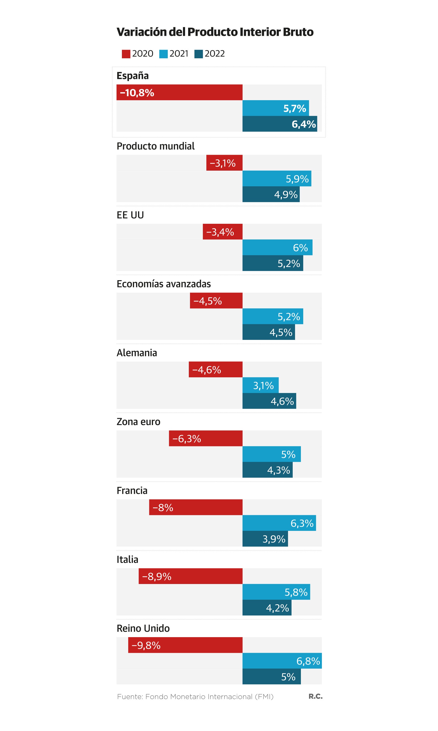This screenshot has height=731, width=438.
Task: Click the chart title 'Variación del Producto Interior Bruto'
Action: click(x=215, y=32)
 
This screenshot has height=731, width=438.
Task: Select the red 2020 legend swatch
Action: click(x=126, y=54)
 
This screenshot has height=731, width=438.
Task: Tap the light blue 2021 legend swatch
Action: click(x=163, y=54)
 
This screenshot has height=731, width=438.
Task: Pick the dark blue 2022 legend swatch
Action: click(x=199, y=54)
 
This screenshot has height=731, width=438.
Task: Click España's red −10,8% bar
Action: click(x=179, y=92)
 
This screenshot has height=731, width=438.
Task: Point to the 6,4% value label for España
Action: click(x=304, y=124)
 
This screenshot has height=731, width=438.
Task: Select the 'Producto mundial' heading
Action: click(x=156, y=146)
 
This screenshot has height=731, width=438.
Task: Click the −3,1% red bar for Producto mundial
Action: click(x=224, y=163)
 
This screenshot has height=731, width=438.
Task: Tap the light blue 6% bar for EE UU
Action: click(x=277, y=247)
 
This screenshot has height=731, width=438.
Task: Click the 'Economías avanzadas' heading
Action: click(x=164, y=284)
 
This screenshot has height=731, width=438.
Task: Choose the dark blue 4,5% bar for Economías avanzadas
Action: click(x=269, y=332)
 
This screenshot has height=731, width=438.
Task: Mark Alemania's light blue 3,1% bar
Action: click(x=260, y=385)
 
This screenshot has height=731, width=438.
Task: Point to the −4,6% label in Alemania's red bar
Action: click(x=207, y=370)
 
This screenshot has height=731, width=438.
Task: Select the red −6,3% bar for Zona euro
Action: click(x=206, y=438)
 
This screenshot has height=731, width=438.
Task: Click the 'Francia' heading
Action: click(x=132, y=491)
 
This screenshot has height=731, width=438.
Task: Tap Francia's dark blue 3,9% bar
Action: click(x=265, y=539)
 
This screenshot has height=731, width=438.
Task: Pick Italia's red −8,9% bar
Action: click(x=191, y=576)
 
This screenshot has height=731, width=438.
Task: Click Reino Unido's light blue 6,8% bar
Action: click(x=282, y=661)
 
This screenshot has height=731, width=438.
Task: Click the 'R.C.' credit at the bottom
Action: click(x=315, y=696)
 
